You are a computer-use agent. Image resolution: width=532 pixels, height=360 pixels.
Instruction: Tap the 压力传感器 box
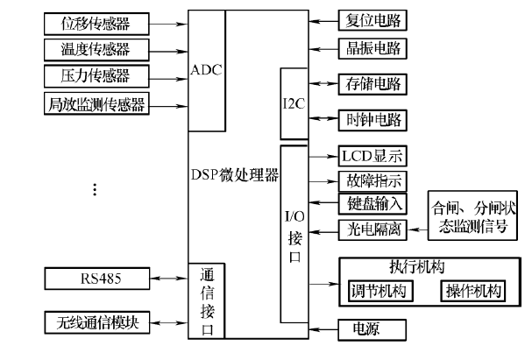pyautogui.click(x=95, y=74)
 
